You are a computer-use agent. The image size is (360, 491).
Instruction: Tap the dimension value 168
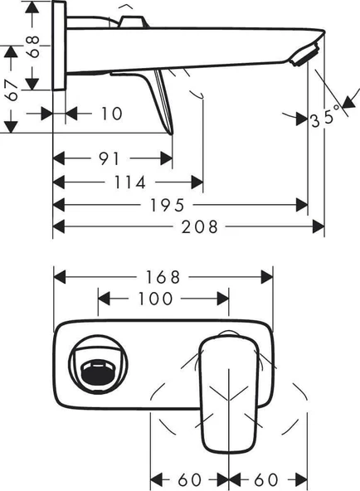pyautogui.click(x=163, y=276)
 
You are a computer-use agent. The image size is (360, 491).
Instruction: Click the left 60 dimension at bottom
pyautogui.click(x=189, y=479)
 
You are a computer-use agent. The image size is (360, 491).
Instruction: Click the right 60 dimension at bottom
pyautogui.click(x=267, y=479)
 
